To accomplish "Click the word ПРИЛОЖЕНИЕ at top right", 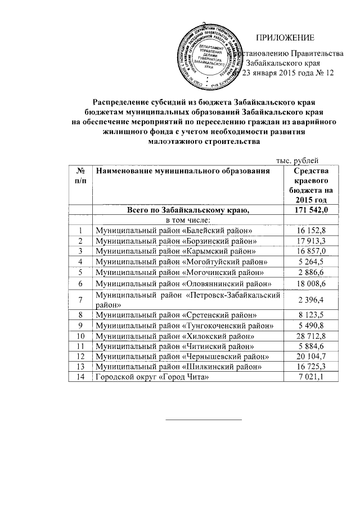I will click(285, 38).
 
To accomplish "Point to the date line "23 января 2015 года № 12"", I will click(287, 74).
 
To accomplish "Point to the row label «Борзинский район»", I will click(174, 241).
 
